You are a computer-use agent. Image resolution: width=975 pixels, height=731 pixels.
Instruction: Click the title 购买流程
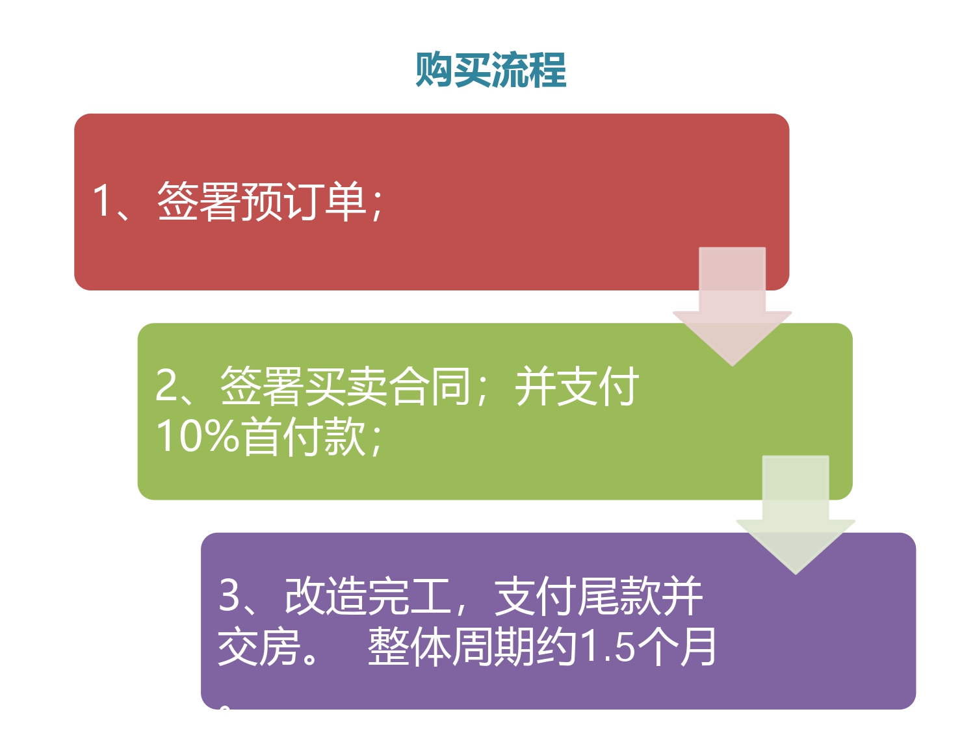click(490, 70)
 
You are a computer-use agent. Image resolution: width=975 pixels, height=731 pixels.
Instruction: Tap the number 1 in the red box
click(101, 200)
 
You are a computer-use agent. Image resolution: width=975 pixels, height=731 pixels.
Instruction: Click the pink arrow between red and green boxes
click(732, 305)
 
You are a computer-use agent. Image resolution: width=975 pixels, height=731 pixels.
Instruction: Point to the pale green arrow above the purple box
click(795, 514)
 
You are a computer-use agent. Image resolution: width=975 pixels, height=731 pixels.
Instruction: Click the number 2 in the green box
click(166, 386)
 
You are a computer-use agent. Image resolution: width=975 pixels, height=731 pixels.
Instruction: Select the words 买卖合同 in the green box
click(387, 386)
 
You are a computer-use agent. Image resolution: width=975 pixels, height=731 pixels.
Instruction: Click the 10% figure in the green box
click(198, 436)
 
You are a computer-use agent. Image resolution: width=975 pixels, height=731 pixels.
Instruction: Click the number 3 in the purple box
click(229, 595)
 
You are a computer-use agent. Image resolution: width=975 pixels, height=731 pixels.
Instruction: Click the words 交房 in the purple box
click(259, 647)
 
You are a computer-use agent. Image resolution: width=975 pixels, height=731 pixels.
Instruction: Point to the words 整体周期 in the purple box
click(451, 647)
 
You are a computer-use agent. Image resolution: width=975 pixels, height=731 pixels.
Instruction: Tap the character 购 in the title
click(434, 70)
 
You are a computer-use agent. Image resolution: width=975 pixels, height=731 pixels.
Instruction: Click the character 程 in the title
click(548, 70)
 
